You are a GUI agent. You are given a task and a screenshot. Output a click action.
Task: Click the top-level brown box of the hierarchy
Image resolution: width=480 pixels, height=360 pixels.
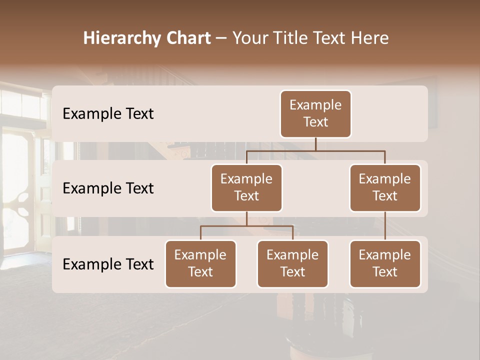[x=315, y=113]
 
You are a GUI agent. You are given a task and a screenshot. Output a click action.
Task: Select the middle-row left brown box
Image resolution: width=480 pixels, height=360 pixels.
[x=246, y=187]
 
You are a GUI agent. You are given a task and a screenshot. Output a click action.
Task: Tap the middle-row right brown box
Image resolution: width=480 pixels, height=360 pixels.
[x=385, y=187]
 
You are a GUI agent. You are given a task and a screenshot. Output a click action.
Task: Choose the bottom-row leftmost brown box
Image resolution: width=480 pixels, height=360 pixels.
[x=200, y=263]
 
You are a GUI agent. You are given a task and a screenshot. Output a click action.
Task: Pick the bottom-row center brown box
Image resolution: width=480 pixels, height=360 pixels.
[x=292, y=263]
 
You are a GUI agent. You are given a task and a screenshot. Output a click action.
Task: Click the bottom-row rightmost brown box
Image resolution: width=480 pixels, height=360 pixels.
[x=385, y=263]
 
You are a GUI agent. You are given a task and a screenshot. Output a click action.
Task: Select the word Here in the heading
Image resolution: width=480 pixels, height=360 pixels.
[x=368, y=38]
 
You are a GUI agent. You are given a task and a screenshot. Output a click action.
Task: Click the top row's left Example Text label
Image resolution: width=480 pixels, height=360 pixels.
[x=108, y=114]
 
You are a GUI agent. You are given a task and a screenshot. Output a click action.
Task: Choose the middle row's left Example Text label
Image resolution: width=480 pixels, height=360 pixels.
[x=108, y=188]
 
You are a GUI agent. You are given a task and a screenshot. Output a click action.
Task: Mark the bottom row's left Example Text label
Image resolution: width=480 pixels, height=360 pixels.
[x=108, y=264]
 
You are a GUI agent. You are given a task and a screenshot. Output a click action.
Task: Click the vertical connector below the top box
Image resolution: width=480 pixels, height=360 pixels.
[x=315, y=144]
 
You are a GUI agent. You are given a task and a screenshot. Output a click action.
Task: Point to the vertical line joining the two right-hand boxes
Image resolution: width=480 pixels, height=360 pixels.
[x=385, y=225]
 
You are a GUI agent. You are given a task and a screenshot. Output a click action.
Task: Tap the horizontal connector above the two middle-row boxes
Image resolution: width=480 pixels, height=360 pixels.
[x=315, y=150]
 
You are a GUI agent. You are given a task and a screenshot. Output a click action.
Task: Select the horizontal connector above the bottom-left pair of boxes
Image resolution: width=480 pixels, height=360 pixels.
[x=246, y=226]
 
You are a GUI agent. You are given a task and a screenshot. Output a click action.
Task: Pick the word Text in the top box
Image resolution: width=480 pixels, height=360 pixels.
[x=315, y=122]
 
